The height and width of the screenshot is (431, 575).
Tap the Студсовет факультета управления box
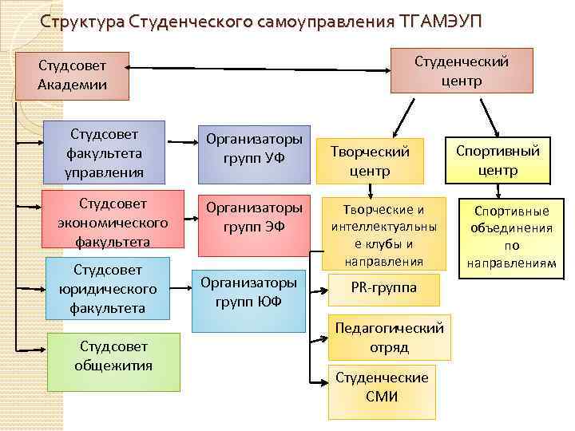pos(105,150)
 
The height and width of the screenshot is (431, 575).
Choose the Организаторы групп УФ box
pos(254,148)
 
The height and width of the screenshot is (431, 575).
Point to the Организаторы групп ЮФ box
pos(248,299)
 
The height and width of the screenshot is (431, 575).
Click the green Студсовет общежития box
pos(113,361)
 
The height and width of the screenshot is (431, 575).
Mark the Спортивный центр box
pos(498,160)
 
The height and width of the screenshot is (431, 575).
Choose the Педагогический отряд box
pos(389,338)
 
